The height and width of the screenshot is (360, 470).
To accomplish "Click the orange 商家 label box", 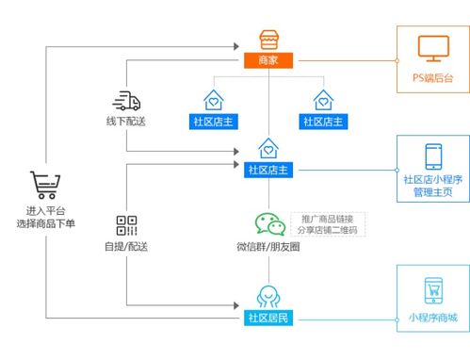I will [x=269, y=60].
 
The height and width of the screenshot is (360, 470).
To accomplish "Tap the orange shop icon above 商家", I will [x=269, y=39].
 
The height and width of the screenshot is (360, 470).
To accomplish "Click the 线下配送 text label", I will [x=126, y=123].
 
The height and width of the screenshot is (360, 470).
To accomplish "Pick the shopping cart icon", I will [x=45, y=185].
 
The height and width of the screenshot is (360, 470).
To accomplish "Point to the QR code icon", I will [x=127, y=225].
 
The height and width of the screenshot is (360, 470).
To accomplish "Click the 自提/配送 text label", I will [x=126, y=247].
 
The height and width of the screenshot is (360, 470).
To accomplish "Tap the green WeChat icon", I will [x=269, y=223].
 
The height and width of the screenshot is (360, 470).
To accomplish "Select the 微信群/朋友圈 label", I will [x=269, y=247].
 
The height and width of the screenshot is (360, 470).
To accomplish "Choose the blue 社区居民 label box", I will [x=269, y=317].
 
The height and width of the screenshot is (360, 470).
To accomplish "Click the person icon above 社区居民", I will [x=269, y=294].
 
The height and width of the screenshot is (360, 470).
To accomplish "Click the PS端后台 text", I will [x=430, y=77].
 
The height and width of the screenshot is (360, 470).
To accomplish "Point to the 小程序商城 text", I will [x=431, y=317].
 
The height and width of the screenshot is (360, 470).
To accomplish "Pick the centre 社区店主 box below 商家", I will [x=269, y=170].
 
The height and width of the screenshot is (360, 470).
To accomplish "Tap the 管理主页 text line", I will [x=431, y=193].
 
